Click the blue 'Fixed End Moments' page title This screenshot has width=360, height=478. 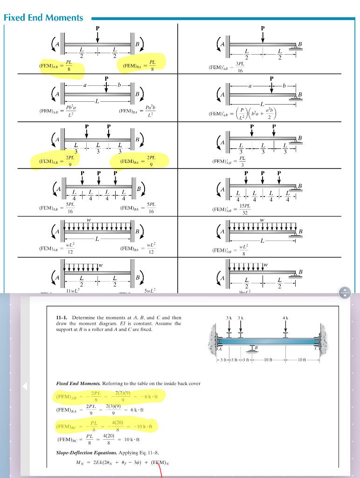(x=43, y=18)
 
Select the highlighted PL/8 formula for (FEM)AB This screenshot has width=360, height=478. (x=68, y=67)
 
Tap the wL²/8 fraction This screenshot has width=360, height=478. (x=243, y=250)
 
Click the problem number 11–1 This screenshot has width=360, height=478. (x=62, y=318)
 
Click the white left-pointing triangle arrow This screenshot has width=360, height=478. (x=26, y=386)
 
